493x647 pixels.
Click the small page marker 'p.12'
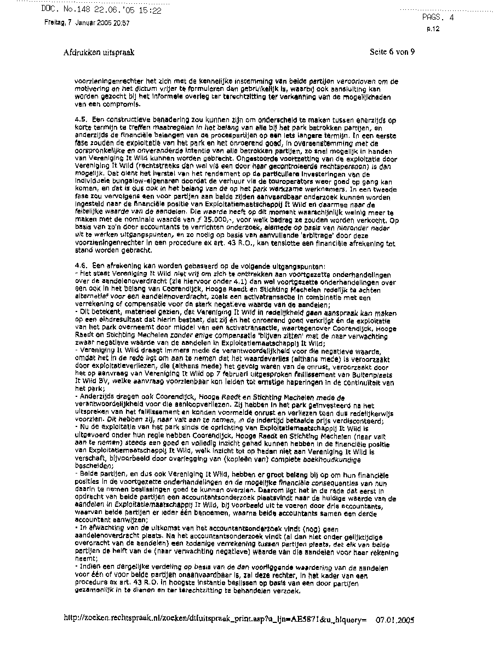[433, 29]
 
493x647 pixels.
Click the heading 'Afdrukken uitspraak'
[99, 53]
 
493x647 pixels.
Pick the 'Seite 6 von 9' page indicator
[392, 53]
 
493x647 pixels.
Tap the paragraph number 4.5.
[81, 119]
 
